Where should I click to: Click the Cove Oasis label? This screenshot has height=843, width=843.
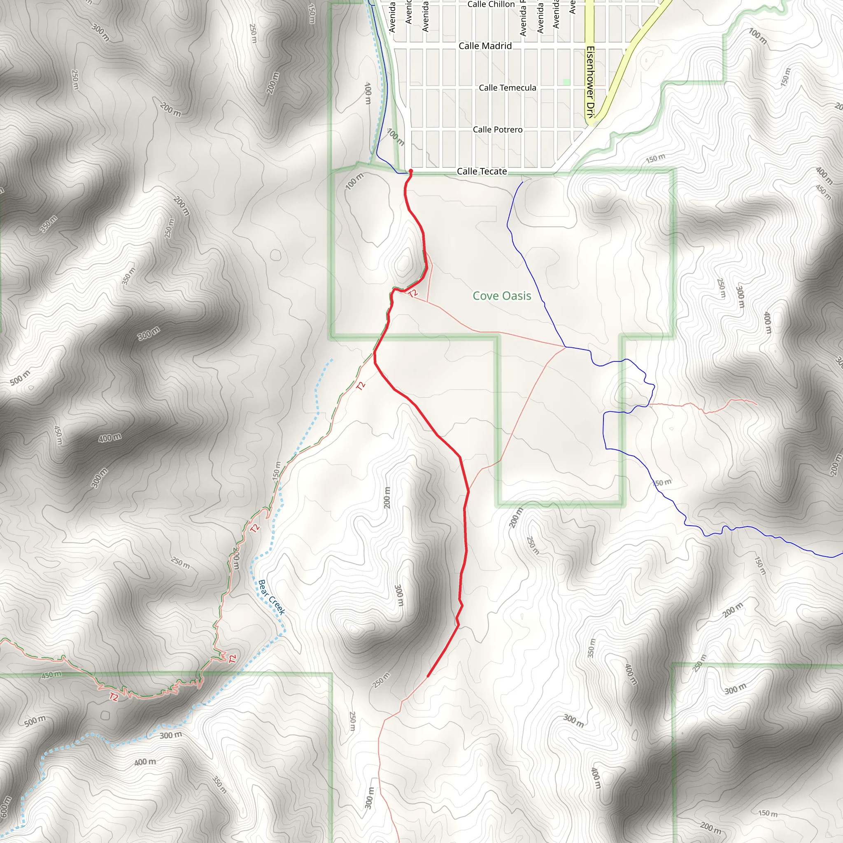(x=502, y=296)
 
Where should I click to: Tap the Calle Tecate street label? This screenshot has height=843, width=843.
(x=482, y=172)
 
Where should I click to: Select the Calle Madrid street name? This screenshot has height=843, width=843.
(x=485, y=46)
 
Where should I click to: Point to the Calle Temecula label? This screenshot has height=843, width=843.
(x=508, y=88)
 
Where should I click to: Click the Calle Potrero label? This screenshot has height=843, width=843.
(x=497, y=130)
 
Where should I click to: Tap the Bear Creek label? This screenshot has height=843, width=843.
(x=271, y=597)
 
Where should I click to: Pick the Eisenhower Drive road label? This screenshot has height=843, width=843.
(x=590, y=82)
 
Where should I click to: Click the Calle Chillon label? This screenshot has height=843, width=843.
(x=491, y=5)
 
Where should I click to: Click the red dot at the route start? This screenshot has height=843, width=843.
(x=410, y=171)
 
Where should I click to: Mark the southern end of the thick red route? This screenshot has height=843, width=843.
(x=428, y=677)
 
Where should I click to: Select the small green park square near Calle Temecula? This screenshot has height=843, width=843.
(x=566, y=82)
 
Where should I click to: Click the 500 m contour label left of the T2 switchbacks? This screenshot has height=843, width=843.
(x=35, y=721)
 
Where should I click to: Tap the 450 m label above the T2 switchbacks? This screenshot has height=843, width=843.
(x=51, y=675)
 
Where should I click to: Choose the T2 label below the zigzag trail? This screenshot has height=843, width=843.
(x=114, y=697)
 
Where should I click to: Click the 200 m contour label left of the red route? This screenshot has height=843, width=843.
(x=387, y=497)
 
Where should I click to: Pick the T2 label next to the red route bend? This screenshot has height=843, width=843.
(x=413, y=293)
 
